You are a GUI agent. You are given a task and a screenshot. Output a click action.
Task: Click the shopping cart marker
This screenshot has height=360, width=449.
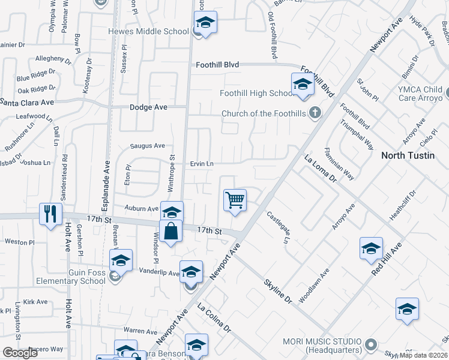coord(235,200)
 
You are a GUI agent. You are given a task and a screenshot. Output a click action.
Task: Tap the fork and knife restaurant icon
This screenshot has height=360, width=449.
coord(50,213)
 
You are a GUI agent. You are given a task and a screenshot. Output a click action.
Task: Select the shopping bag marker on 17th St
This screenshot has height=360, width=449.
coord(171,230)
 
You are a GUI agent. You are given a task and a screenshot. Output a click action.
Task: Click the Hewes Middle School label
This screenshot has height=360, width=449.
coord(148,31)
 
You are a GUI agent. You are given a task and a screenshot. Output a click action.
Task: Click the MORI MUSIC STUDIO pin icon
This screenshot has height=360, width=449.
coord(372,344)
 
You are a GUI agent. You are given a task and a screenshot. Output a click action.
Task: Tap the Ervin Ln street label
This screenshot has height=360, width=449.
coord(202,163)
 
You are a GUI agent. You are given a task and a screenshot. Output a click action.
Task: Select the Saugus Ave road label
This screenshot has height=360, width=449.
coord(148,146)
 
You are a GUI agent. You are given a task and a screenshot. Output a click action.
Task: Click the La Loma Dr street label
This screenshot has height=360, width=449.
coord(320,169)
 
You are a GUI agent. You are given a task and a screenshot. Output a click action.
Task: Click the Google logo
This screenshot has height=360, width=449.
coord(20,353)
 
